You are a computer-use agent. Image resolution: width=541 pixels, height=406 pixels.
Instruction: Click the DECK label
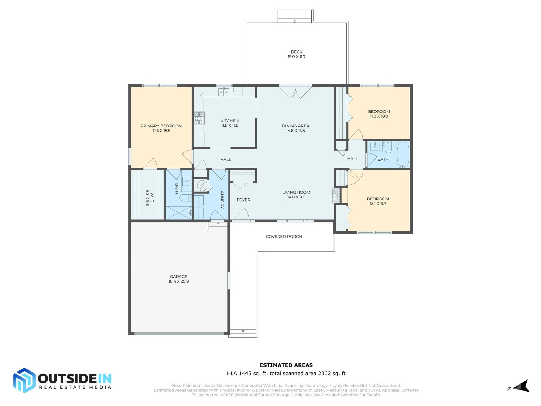(296, 52)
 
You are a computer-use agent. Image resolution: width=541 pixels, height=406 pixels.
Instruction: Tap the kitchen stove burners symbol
(199, 118)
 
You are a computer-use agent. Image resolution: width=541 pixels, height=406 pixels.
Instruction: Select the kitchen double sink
(224, 92)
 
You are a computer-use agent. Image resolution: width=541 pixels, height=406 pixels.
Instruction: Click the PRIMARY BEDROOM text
(161, 126)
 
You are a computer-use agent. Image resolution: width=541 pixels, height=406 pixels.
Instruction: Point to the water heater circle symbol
(202, 186)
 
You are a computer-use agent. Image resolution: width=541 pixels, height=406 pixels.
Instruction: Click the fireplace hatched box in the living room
(336, 195)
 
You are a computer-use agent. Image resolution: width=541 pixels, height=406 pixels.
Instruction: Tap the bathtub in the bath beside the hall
(403, 155)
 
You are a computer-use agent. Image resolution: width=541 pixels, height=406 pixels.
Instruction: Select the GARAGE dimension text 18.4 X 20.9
(179, 281)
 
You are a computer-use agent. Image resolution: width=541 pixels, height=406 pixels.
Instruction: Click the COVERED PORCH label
(284, 237)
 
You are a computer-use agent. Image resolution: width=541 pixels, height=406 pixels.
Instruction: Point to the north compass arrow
(523, 387)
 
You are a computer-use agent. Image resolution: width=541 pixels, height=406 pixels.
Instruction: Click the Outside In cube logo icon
(24, 380)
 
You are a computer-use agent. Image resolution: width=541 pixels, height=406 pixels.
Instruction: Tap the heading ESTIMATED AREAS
(286, 365)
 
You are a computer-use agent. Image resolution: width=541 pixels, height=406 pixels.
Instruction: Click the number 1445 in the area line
(245, 374)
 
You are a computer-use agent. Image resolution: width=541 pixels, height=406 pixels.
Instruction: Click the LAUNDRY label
(222, 198)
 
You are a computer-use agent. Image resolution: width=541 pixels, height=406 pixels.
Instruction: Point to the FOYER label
(243, 200)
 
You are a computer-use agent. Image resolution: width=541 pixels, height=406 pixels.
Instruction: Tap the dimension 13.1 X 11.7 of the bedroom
(378, 204)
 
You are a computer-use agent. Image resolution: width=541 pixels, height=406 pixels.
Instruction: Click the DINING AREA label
(295, 126)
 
